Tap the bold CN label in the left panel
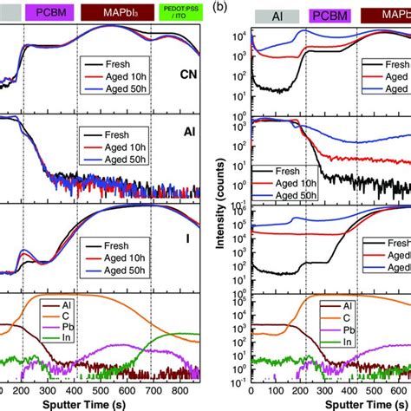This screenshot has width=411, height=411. [x=188, y=75]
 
